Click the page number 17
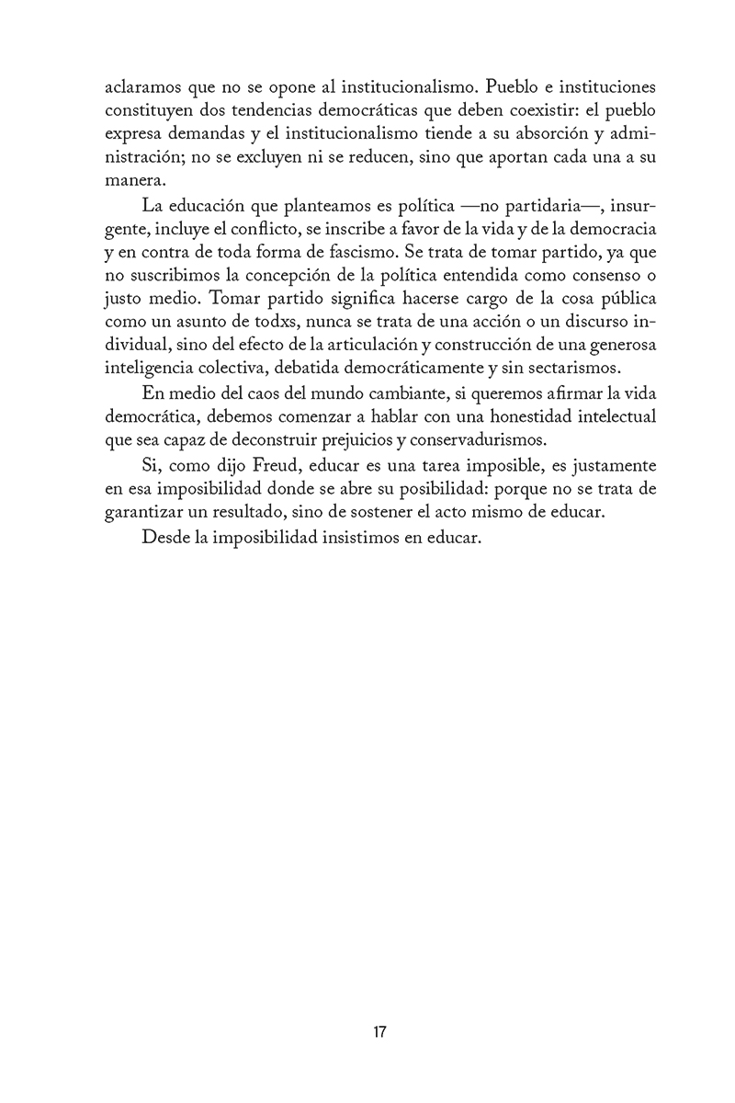point(379,1031)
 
